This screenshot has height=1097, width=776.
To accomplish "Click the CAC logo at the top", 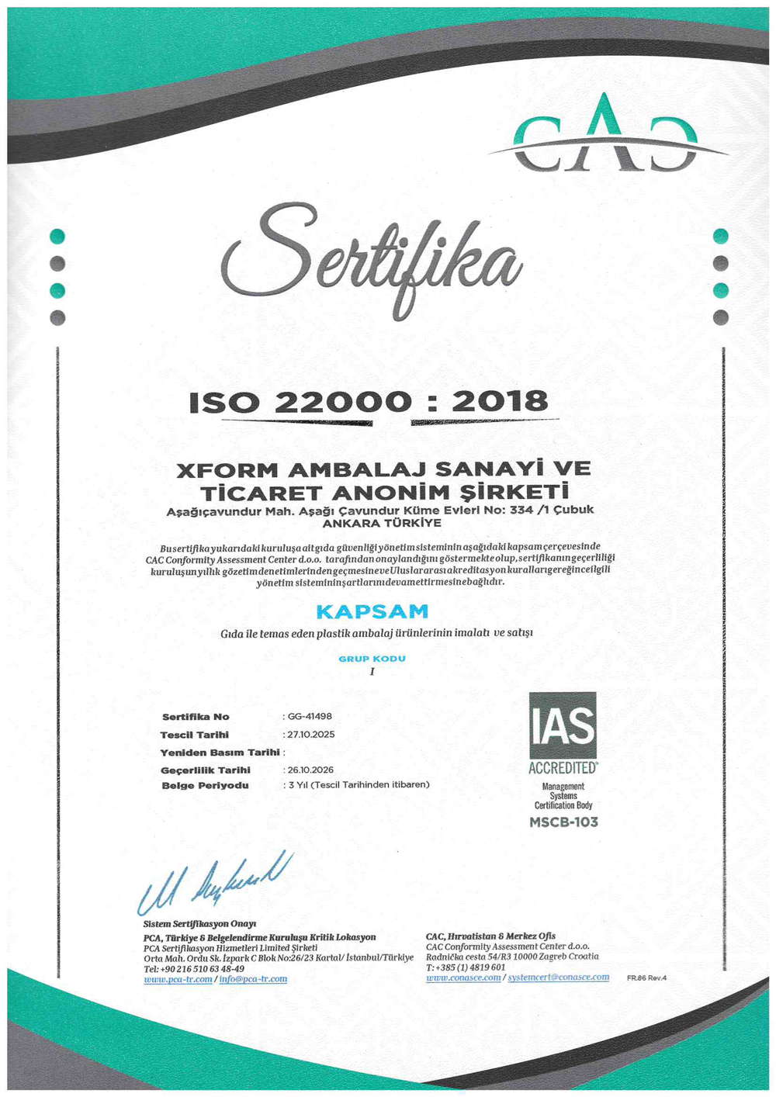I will [x=605, y=137].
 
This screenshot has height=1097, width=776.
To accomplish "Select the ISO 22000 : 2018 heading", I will [x=369, y=402].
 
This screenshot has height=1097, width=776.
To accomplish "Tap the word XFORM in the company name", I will [x=227, y=470].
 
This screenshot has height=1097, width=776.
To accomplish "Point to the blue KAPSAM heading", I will [x=372, y=612].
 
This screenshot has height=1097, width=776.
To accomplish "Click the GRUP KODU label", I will [x=372, y=659].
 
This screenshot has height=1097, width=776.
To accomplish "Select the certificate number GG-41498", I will [x=310, y=717].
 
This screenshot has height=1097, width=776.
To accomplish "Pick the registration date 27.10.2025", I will [x=311, y=735].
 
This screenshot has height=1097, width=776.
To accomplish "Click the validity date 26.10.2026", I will [x=310, y=770].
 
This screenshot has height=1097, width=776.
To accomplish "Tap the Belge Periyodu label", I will [x=206, y=786].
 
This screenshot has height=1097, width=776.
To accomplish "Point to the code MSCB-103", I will [x=563, y=822].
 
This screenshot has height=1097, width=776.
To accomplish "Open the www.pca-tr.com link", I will [x=178, y=980].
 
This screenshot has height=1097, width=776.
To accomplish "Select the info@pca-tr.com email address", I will [x=253, y=980].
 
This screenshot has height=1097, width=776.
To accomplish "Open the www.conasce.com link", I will [x=463, y=978].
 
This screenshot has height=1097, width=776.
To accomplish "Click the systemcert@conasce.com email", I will [x=559, y=978].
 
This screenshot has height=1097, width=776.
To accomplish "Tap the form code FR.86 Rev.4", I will [x=646, y=978].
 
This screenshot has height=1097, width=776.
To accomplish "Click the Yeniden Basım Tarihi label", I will [x=220, y=753].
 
